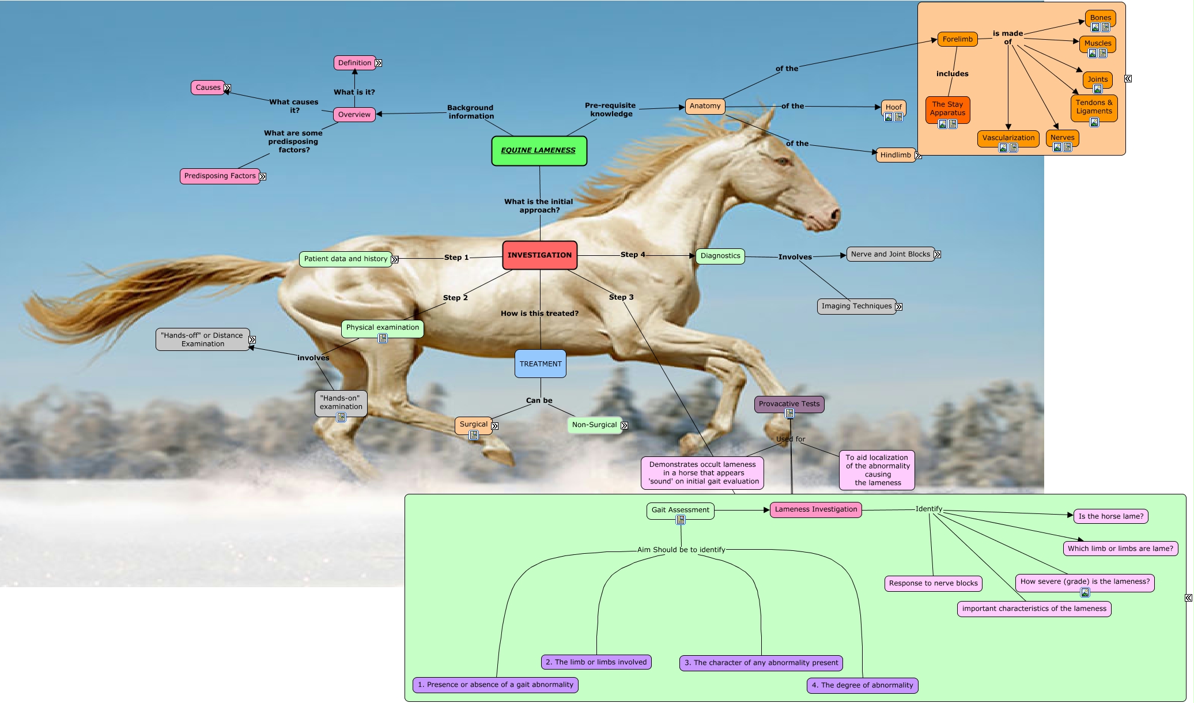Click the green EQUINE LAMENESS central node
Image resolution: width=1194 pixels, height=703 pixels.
point(539,150)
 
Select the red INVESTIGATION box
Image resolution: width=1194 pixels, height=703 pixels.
point(539,255)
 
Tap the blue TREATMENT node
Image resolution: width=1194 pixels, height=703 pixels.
point(540,364)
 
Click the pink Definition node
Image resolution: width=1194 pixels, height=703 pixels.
point(354,63)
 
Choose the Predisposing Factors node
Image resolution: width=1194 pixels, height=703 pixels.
point(220,176)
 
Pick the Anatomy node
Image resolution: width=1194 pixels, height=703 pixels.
point(705,106)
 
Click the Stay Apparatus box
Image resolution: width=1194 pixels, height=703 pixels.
point(947,109)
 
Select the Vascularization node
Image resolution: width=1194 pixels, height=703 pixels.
point(1008,138)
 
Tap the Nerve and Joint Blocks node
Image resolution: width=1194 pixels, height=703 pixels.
point(890,254)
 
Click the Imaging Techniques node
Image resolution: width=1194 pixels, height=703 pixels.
point(856,306)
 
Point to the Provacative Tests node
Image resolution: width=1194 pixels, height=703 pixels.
point(788,403)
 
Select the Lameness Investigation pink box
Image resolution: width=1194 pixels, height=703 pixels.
point(815,509)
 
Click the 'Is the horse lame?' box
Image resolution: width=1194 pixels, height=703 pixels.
point(1110,516)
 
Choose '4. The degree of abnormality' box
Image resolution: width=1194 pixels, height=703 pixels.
point(862,685)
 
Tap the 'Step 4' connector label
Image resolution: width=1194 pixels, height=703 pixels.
point(632,254)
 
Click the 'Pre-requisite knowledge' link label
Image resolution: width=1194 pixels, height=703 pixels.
point(611,109)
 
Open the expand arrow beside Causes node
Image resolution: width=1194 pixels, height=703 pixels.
point(228,88)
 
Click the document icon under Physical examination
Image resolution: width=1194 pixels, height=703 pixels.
point(383,338)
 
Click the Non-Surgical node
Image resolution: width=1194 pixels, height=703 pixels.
point(594,425)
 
